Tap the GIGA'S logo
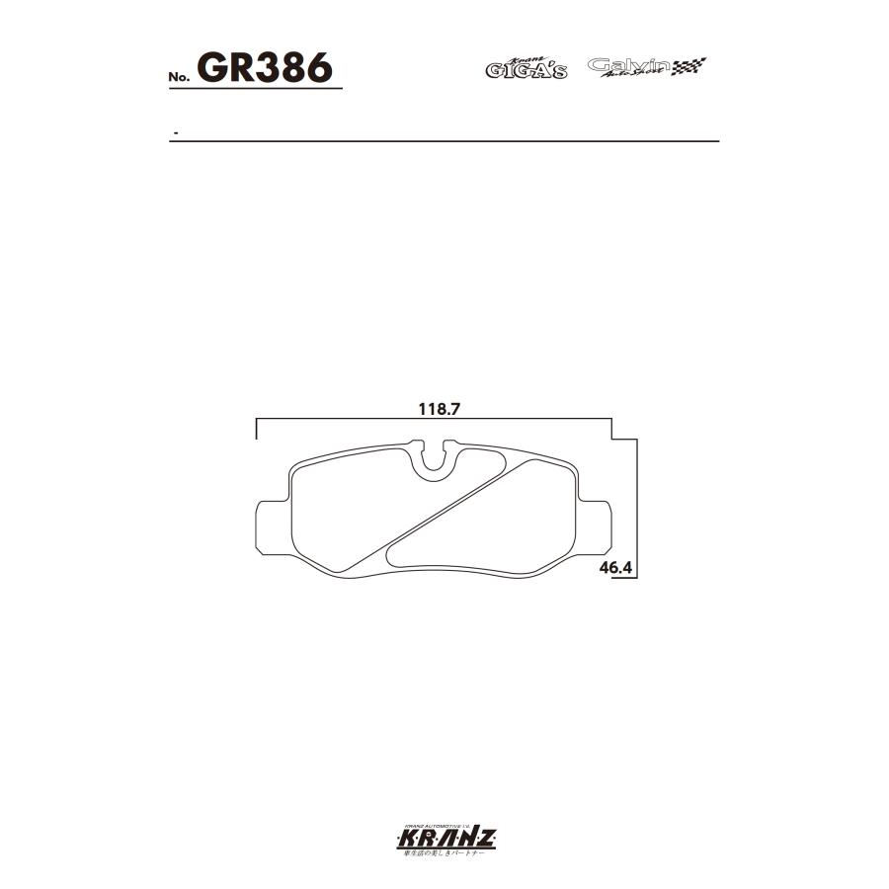point(525,68)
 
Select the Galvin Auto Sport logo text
point(628,66)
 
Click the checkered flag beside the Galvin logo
point(689,67)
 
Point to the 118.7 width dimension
point(435,407)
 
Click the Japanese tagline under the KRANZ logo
point(444,856)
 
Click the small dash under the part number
point(175,132)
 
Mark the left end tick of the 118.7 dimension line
point(257,429)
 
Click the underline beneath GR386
point(257,90)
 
